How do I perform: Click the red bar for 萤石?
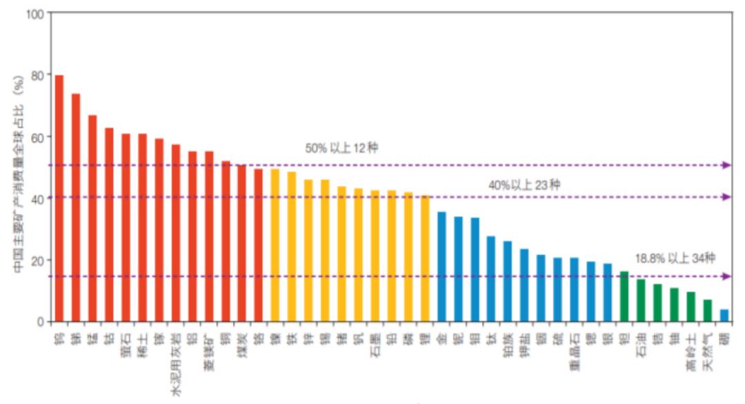click(x=126, y=228)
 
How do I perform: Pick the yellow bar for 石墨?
click(x=375, y=256)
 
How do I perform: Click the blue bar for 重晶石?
click(x=574, y=289)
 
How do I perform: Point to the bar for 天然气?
click(x=707, y=310)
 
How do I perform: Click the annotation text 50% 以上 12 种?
click(x=341, y=148)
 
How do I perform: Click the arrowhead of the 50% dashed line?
click(x=726, y=165)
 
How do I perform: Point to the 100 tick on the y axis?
click(x=34, y=14)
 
